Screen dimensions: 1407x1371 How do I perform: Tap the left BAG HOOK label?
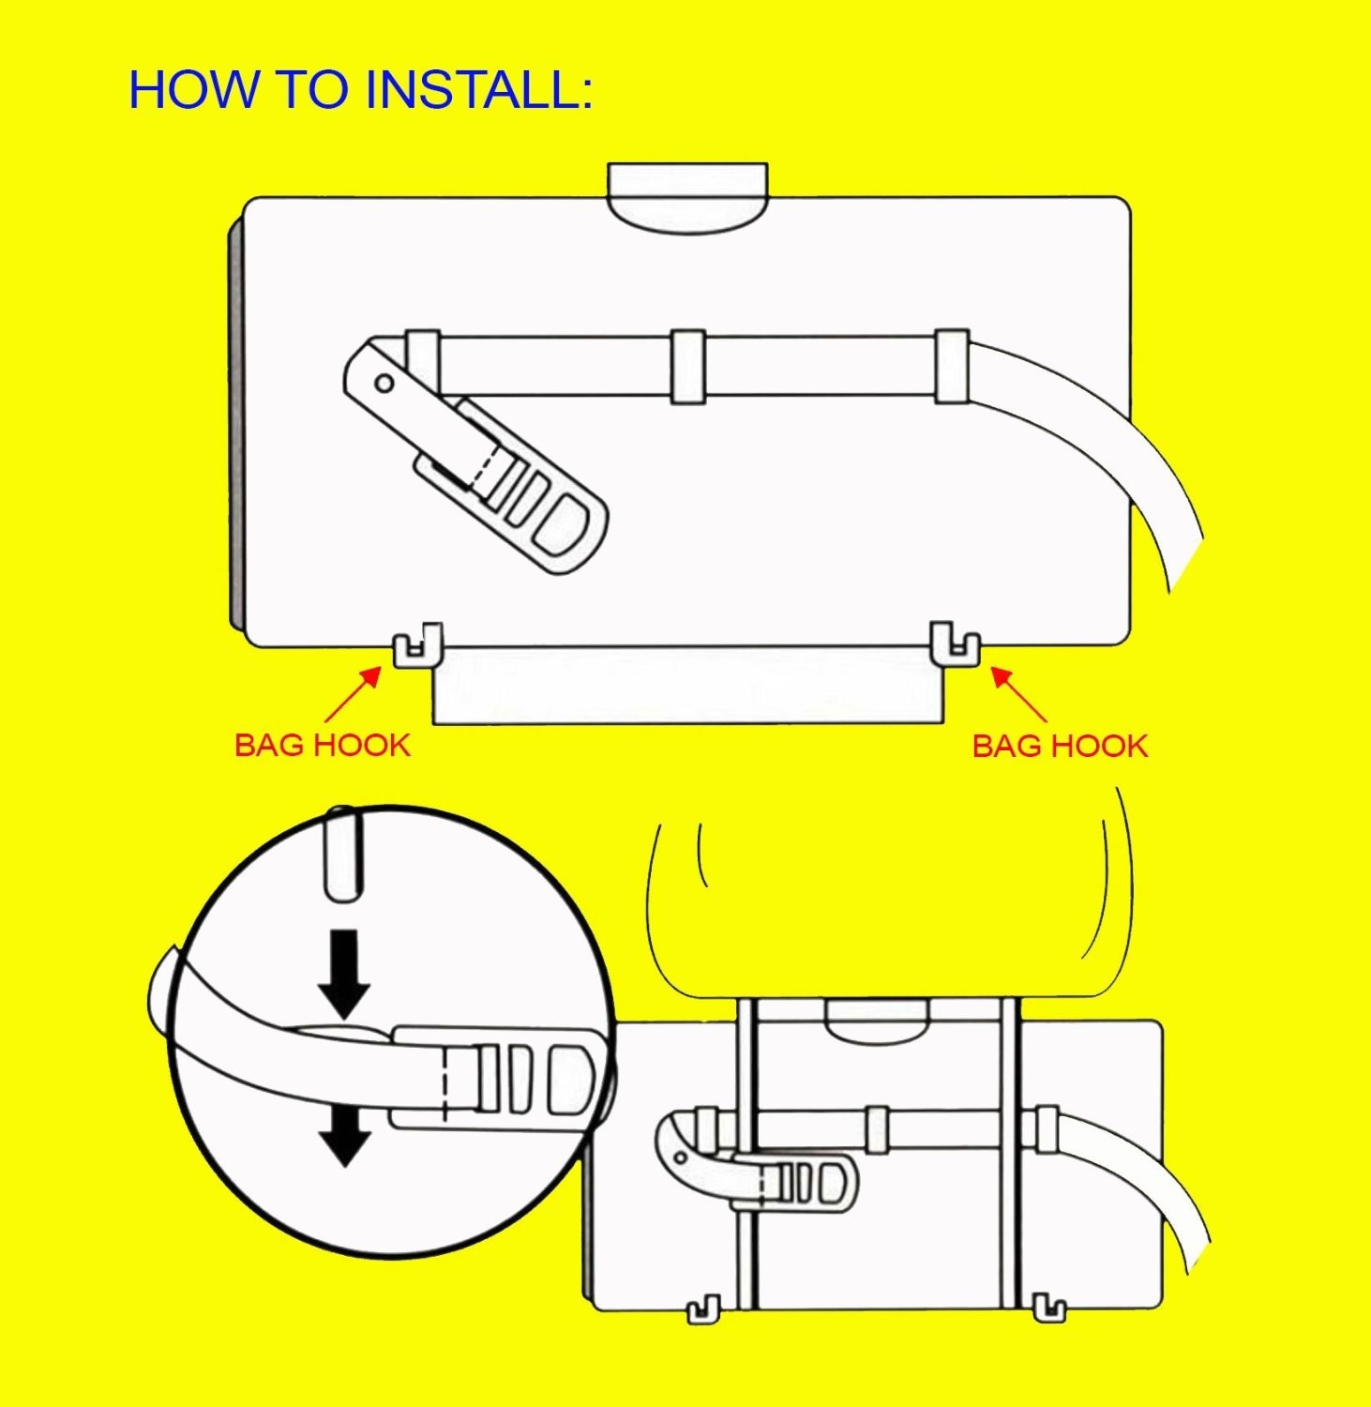point(322,746)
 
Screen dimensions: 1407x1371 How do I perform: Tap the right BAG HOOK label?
point(1060,747)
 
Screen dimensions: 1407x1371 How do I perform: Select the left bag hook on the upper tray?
point(416,645)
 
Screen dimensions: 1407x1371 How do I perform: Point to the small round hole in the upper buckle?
point(384,383)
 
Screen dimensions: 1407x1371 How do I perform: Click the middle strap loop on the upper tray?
point(687,367)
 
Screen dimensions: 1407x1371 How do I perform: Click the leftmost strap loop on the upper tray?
point(423,361)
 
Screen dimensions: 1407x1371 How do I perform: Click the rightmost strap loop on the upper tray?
point(951,366)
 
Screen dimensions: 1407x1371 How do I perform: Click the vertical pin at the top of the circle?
point(342,854)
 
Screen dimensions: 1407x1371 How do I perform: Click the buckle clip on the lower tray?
point(806,1184)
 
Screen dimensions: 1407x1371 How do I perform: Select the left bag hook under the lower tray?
point(704,1309)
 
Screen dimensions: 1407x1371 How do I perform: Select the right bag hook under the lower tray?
point(1048,1308)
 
